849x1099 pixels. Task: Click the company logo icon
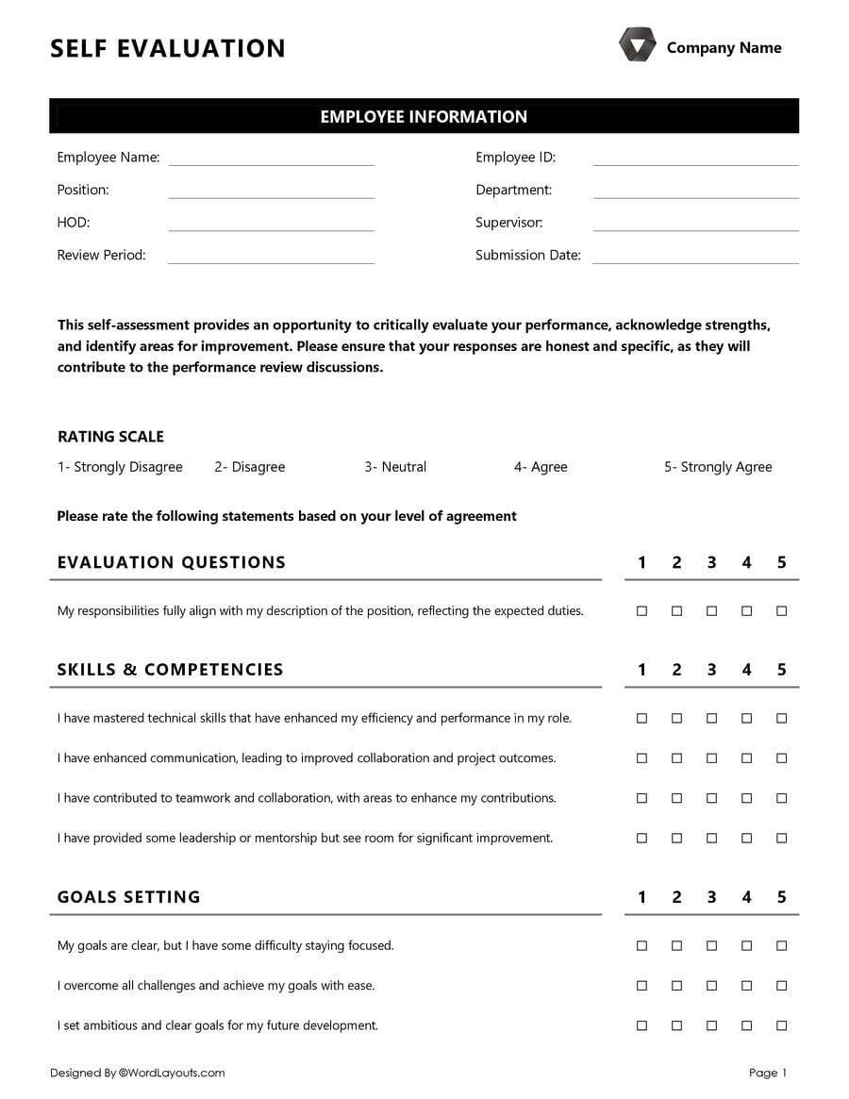pyautogui.click(x=637, y=45)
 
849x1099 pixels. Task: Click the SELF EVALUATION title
pyautogui.click(x=168, y=48)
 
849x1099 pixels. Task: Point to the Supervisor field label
pyautogui.click(x=508, y=223)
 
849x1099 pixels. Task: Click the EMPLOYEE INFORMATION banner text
pyautogui.click(x=424, y=116)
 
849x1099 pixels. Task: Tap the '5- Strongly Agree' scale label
pyautogui.click(x=718, y=467)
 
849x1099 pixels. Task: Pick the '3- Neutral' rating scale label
pyautogui.click(x=395, y=467)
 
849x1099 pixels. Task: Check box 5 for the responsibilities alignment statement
pyautogui.click(x=781, y=611)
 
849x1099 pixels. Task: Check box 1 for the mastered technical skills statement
pyautogui.click(x=641, y=719)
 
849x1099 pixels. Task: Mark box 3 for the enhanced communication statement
pyautogui.click(x=711, y=758)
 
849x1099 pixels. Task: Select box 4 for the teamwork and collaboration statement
pyautogui.click(x=746, y=798)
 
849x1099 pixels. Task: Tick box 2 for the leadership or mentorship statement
pyautogui.click(x=676, y=838)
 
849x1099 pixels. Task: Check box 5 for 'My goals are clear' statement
pyautogui.click(x=781, y=945)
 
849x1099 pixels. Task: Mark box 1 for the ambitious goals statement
pyautogui.click(x=641, y=1025)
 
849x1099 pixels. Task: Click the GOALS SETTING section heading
pyautogui.click(x=129, y=897)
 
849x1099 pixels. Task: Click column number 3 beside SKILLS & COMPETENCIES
pyautogui.click(x=711, y=670)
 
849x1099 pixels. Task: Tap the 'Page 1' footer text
pyautogui.click(x=767, y=1073)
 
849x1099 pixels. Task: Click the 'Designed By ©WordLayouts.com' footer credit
pyautogui.click(x=138, y=1073)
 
